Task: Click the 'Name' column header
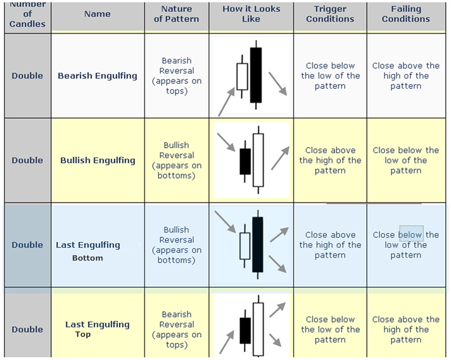(97, 14)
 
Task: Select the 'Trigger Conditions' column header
(330, 14)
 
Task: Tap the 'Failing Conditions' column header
(405, 14)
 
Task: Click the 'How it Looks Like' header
(251, 14)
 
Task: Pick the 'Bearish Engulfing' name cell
(98, 75)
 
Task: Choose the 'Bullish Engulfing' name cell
(98, 160)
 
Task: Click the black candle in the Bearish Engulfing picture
(257, 74)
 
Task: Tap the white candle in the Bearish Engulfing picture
(242, 77)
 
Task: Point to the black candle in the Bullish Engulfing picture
(245, 161)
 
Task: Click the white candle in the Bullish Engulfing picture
(258, 160)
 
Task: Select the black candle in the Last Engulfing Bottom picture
(258, 244)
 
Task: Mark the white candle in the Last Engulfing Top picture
(258, 329)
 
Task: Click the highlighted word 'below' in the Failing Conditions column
(411, 234)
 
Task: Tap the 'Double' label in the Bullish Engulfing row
(27, 160)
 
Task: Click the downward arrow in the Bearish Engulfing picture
(277, 83)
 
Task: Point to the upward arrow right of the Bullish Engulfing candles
(280, 158)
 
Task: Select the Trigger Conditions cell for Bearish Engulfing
(330, 75)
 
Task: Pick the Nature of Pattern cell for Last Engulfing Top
(176, 329)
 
